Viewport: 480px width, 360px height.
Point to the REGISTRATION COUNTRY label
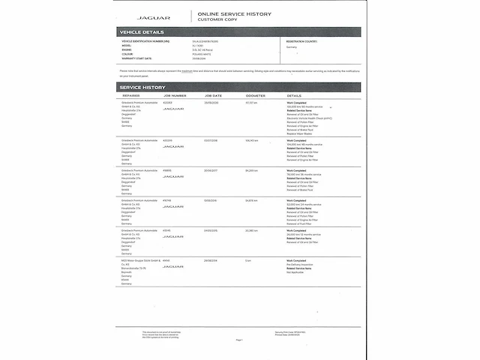pos(302,41)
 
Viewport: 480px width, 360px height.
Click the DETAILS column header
pos(294,96)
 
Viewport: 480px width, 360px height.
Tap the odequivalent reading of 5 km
pos(247,260)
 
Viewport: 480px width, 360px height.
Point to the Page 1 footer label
pos(239,340)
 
